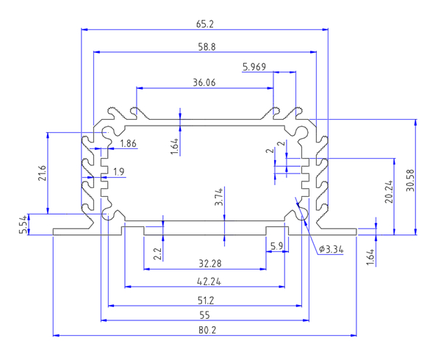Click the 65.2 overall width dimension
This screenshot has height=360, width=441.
204,24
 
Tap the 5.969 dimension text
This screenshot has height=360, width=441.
254,67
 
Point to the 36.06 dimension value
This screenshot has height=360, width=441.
204,83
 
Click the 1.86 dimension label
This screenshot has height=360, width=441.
128,143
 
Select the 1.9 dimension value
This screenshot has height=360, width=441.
118,172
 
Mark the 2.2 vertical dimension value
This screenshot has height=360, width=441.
157,255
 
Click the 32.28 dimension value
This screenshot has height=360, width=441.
209,263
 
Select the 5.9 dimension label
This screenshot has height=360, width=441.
277,246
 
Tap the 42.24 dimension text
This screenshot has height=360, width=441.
209,281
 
